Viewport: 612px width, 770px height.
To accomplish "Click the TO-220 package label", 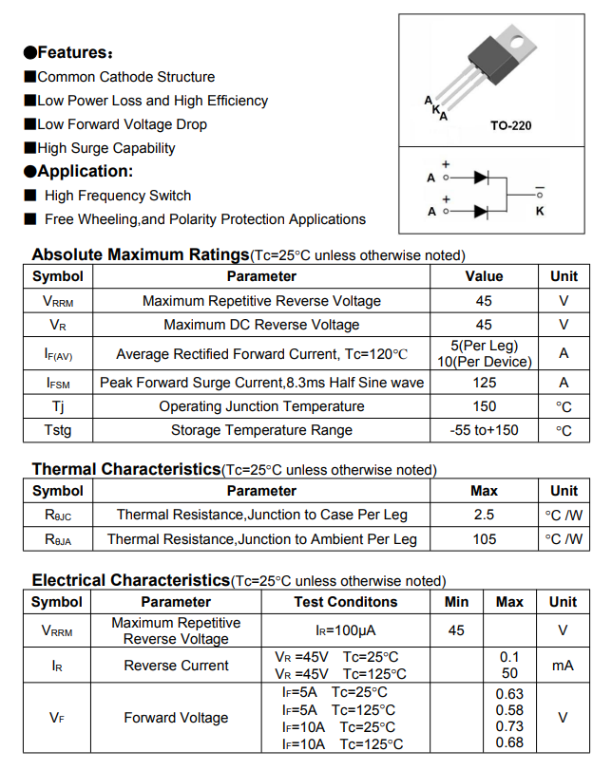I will tap(510, 125).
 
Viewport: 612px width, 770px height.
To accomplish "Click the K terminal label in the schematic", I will tap(540, 211).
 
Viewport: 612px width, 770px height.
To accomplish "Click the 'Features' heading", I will tap(68, 52).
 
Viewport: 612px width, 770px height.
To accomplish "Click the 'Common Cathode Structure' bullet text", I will tap(125, 77).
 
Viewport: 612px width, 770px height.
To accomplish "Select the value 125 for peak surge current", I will tap(484, 383).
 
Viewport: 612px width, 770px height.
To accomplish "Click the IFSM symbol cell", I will tap(58, 383).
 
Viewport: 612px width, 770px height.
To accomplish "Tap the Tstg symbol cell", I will tap(58, 430).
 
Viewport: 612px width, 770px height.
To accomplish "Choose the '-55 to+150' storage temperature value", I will tap(484, 430).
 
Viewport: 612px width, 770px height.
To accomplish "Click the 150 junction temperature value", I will tap(484, 406).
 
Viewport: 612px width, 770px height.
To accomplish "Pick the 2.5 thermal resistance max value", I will tap(484, 515).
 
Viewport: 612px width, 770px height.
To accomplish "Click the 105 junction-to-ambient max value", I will tap(484, 539).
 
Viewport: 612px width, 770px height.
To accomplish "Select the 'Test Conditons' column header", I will tap(345, 602).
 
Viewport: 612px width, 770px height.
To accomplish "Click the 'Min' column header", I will tap(456, 602).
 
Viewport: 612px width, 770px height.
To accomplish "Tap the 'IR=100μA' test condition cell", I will tap(345, 630).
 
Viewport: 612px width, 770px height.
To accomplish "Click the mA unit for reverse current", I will tap(563, 666).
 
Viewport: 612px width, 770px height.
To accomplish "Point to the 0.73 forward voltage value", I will tap(509, 726).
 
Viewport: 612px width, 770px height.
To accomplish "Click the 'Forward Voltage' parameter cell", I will tap(176, 718).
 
